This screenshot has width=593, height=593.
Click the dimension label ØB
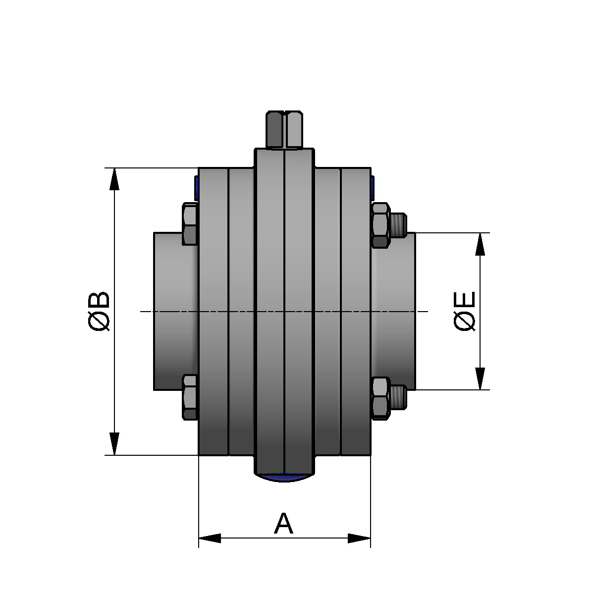[x=99, y=311]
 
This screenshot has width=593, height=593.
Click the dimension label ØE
[x=464, y=311]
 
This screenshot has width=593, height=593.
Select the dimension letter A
[x=284, y=524]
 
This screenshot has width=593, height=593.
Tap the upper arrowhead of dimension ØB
[x=114, y=179]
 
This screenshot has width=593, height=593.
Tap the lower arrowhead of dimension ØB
[x=114, y=443]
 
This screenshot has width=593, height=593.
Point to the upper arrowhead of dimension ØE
[x=480, y=244]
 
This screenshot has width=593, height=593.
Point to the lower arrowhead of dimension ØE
[x=480, y=378]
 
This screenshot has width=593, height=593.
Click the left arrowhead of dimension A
[x=210, y=538]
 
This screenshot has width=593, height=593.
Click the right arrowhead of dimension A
[x=359, y=538]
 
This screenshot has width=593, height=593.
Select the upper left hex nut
[x=190, y=224]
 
